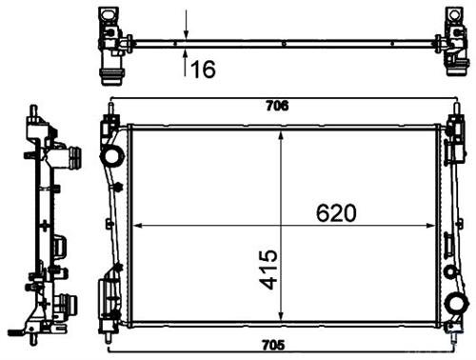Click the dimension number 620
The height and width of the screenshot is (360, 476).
pos(334,213)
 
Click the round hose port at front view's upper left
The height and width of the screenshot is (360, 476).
pos(111,155)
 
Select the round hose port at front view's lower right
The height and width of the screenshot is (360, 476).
pos(458,302)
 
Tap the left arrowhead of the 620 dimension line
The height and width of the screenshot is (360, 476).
pos(134,226)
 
